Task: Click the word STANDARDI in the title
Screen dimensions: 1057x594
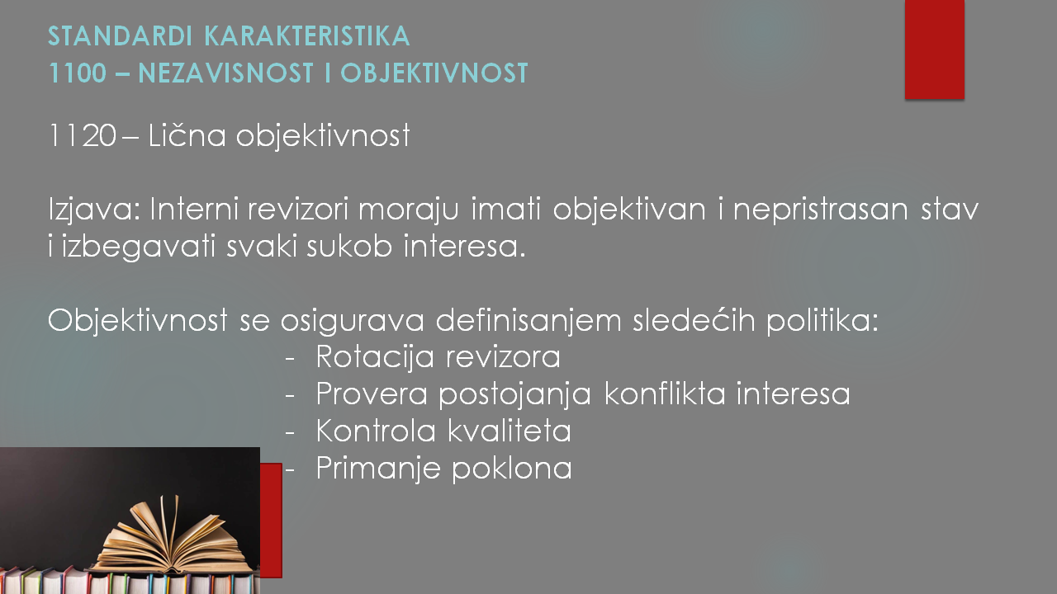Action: coord(121,35)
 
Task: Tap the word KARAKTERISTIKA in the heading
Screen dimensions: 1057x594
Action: coord(307,35)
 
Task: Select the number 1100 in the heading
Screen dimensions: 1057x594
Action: coord(78,73)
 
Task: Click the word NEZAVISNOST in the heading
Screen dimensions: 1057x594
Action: coord(226,73)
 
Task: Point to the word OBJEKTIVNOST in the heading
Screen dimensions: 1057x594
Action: coord(434,73)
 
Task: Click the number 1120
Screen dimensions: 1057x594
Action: coord(83,136)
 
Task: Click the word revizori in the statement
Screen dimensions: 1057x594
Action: coord(298,209)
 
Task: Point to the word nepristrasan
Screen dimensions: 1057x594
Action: coord(820,210)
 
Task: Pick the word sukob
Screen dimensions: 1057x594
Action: coord(349,246)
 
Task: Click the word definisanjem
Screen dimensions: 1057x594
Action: coord(528,321)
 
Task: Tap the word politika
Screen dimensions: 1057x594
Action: coord(822,321)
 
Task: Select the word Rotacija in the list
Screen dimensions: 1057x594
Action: coord(375,356)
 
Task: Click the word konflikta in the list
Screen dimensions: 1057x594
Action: coord(665,394)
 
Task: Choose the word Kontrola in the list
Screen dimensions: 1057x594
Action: coord(376,431)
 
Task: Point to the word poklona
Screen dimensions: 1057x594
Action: coord(512,468)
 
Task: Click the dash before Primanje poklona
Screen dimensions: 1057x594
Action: coord(290,469)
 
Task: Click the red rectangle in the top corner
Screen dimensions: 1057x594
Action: coord(934,49)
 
